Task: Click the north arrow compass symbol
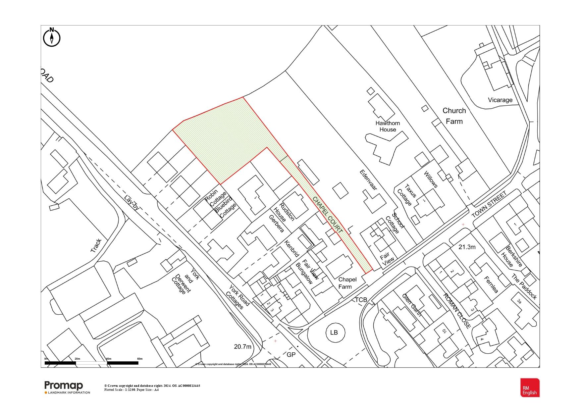coord(52,37)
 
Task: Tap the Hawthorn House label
coord(388,126)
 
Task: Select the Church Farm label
coord(454,116)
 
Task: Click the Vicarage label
coord(500,100)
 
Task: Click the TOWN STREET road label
coord(489,204)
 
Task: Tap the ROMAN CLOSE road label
coord(457,311)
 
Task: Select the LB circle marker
coord(334,332)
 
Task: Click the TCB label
coord(361,300)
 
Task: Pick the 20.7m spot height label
coord(242,347)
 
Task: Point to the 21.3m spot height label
coord(467,247)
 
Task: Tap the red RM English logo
coord(530,387)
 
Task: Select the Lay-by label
coord(132,203)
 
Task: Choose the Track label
coord(96,246)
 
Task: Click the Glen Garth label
coord(412,305)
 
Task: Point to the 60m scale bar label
coord(139,359)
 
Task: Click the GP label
coord(291,355)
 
